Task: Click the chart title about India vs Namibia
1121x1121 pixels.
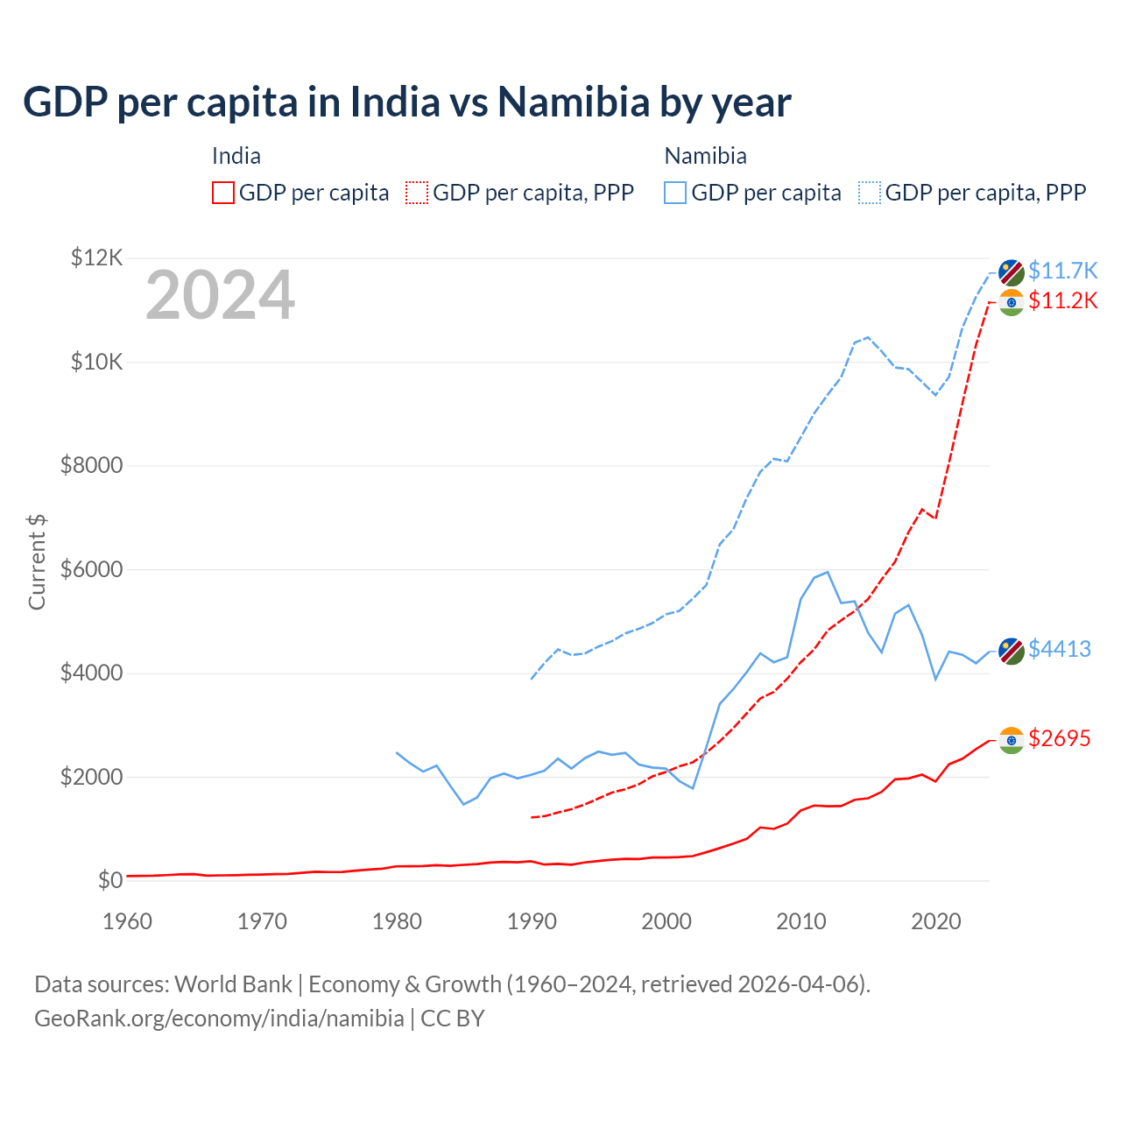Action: (x=407, y=102)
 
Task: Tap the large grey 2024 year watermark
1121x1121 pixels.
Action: (x=220, y=296)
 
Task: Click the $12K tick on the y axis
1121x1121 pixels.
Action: (x=97, y=257)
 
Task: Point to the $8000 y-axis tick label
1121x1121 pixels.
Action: (x=92, y=465)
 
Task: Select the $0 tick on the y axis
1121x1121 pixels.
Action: (x=109, y=880)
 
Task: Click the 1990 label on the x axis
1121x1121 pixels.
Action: (x=532, y=921)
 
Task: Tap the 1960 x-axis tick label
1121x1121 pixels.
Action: (x=128, y=921)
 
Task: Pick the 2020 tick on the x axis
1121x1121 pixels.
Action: (x=936, y=921)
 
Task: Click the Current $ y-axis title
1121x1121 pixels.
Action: (x=37, y=562)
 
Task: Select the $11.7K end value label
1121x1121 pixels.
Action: (x=1062, y=271)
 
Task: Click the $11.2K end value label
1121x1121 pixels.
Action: (x=1062, y=300)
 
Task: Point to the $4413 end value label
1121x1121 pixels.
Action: (x=1060, y=649)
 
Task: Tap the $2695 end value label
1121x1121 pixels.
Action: (x=1060, y=738)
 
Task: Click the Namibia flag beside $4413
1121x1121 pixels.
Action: (x=1012, y=651)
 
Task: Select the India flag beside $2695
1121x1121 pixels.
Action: (x=1012, y=740)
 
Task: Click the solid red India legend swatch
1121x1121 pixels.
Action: (x=223, y=193)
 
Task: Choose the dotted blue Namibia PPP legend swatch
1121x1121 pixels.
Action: (x=870, y=193)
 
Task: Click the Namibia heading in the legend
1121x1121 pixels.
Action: (x=705, y=156)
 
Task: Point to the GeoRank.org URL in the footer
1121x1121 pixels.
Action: (x=219, y=1019)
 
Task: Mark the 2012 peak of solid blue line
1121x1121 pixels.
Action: (x=828, y=572)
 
